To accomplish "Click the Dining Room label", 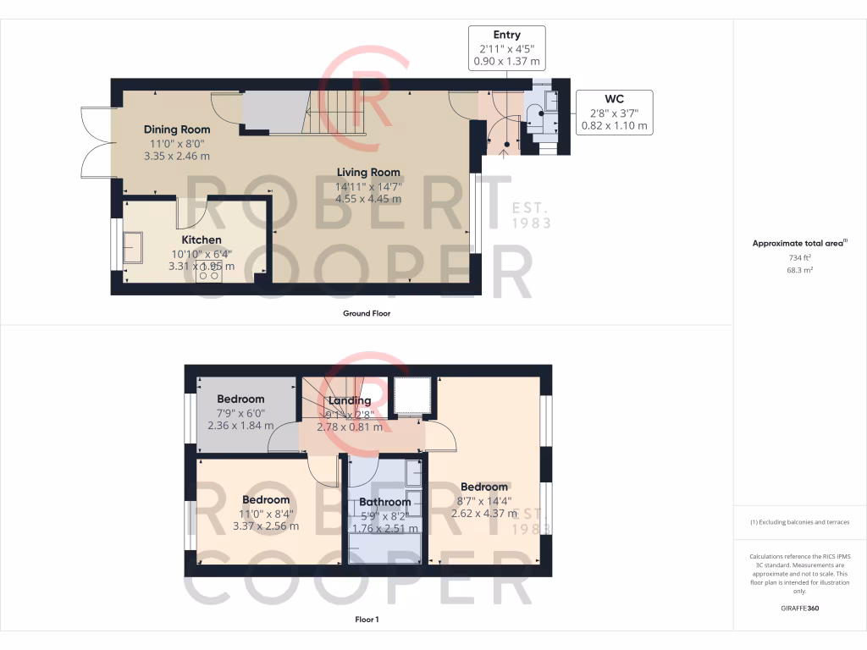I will click(176, 129).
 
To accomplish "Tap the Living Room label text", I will click(368, 173).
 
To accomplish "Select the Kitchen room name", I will click(202, 240).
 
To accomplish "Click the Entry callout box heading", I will click(505, 36).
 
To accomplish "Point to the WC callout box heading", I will click(614, 99).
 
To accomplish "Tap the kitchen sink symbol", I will click(133, 246).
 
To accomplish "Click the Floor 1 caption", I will click(367, 620).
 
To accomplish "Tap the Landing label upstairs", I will click(350, 400).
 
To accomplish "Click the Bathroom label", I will click(384, 502).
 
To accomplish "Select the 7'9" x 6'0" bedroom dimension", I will click(240, 412).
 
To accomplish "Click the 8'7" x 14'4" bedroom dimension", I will click(484, 500).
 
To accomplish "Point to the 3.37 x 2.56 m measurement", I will click(265, 526).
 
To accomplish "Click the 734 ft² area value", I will click(799, 258).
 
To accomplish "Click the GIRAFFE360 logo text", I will click(799, 609).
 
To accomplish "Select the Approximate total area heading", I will click(798, 243).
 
